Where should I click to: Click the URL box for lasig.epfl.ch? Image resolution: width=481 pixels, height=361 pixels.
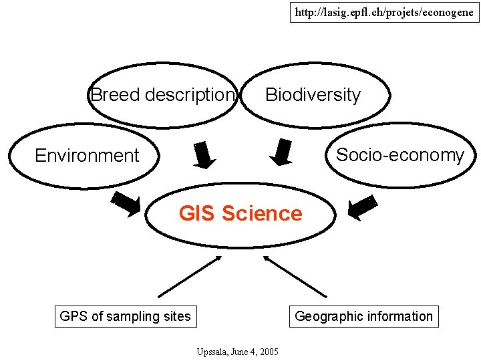[384, 13]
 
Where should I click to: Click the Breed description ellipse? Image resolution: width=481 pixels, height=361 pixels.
[163, 95]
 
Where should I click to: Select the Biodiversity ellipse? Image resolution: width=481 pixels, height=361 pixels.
[314, 95]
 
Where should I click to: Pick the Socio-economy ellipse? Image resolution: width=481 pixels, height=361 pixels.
[399, 155]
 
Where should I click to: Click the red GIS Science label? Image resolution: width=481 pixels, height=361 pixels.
[240, 214]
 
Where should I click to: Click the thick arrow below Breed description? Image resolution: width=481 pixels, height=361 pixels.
[204, 155]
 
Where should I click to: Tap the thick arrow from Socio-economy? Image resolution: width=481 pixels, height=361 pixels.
[363, 207]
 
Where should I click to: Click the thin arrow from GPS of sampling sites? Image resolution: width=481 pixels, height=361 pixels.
[189, 277]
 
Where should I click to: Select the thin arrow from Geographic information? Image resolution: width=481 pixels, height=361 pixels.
[295, 277]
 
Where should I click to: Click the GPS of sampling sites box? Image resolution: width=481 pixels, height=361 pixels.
[125, 316]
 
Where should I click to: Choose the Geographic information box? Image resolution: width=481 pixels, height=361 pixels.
[364, 316]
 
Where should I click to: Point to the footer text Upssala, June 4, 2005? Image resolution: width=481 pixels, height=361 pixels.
[238, 352]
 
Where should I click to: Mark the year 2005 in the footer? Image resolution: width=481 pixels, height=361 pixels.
[270, 352]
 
